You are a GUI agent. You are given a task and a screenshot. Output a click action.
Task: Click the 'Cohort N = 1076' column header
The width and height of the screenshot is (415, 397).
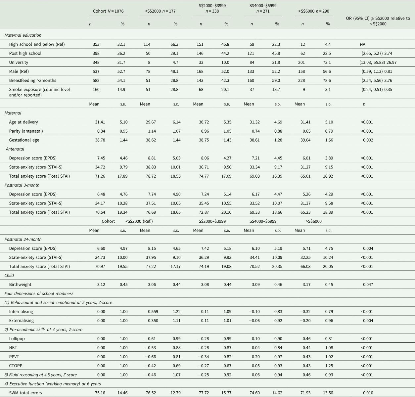pyautogui.click(x=108, y=11)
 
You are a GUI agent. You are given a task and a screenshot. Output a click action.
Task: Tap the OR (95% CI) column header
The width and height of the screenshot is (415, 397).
pyautogui.click(x=378, y=21)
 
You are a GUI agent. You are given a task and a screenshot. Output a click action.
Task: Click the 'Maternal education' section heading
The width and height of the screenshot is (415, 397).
pyautogui.click(x=23, y=35)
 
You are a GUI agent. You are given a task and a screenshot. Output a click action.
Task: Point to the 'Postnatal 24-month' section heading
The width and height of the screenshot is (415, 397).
pyautogui.click(x=23, y=239)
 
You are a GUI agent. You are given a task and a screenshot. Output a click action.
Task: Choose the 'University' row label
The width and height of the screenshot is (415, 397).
pyautogui.click(x=19, y=62)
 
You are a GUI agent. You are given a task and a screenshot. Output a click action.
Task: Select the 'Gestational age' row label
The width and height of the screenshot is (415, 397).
pyautogui.click(x=24, y=140)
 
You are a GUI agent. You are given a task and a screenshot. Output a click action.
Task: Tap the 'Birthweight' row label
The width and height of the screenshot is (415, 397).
pyautogui.click(x=20, y=285)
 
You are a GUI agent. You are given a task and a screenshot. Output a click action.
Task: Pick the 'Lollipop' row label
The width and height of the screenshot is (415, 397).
pyautogui.click(x=17, y=339)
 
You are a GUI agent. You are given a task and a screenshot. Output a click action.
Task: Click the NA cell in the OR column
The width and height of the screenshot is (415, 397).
pyautogui.click(x=363, y=44)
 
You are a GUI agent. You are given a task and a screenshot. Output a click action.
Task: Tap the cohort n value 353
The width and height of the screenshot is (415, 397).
pyautogui.click(x=96, y=44)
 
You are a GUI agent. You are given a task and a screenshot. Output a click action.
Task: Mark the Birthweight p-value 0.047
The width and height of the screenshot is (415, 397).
pyautogui.click(x=368, y=285)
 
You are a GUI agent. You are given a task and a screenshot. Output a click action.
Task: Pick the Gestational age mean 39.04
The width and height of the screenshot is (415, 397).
pyautogui.click(x=305, y=140)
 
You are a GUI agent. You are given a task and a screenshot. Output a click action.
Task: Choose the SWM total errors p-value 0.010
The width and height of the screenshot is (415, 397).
pyautogui.click(x=368, y=393)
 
